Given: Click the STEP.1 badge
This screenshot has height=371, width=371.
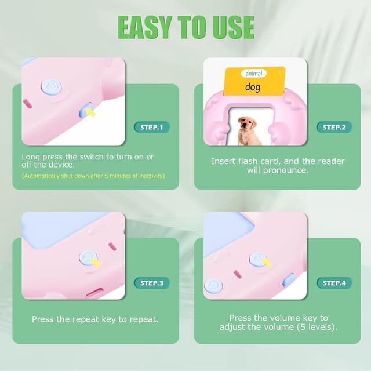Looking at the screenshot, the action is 152,128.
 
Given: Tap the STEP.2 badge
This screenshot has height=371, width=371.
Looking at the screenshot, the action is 334,128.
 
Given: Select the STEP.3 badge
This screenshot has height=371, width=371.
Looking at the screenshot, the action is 152,283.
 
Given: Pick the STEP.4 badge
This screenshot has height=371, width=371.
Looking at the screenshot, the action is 334,283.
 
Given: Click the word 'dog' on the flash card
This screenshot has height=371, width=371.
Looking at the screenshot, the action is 253,87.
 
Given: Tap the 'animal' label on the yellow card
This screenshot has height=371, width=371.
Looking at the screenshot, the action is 254,74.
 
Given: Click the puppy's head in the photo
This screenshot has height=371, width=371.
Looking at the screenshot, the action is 248,123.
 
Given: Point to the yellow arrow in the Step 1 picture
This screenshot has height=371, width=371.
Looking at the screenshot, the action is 90,112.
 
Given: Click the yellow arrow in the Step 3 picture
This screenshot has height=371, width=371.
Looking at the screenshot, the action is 96,263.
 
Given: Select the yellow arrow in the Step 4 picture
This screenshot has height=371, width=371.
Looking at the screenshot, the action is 267,263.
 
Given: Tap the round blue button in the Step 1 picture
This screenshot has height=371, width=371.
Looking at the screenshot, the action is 52,88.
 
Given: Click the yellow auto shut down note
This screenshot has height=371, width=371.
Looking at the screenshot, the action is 93,176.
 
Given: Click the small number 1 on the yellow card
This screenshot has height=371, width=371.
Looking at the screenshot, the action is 279,72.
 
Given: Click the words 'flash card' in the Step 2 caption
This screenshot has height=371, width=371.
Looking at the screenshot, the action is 259,161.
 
